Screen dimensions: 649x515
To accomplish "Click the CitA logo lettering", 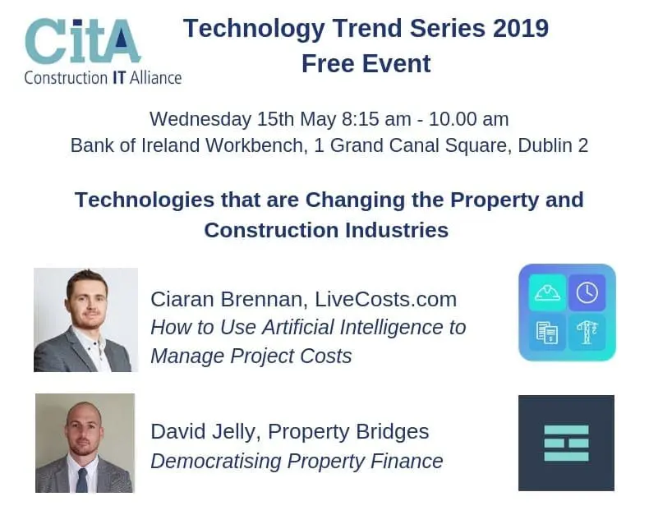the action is point(83,41).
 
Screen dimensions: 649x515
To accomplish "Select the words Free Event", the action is point(366,64).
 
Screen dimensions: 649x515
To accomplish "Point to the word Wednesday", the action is point(200,119).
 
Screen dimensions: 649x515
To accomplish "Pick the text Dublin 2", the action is point(553,145).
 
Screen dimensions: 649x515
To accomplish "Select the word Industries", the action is point(397,230).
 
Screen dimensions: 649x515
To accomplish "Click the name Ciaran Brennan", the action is point(227,299).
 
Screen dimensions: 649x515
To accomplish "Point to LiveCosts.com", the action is point(386,299).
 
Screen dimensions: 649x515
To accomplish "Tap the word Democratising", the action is point(215,461).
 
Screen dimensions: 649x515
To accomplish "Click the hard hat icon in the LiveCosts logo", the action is point(547,292).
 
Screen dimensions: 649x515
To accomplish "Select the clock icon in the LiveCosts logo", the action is point(587,292).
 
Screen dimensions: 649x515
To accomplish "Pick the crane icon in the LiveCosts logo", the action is point(587,333).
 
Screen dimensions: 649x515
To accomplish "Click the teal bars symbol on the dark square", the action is point(566,443).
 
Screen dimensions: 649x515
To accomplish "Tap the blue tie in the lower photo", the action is point(82,480).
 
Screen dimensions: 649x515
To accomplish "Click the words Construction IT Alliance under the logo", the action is point(103,78).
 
